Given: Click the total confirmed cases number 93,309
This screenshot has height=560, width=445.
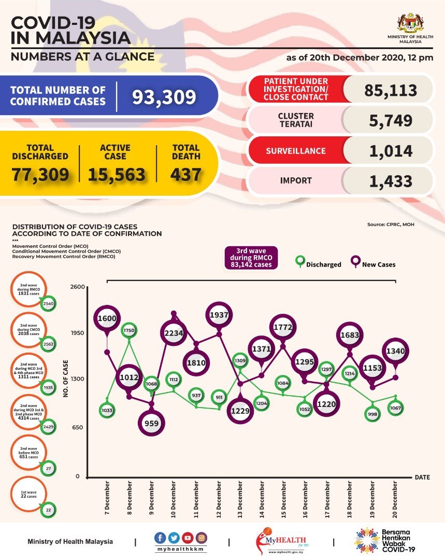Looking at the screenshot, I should (x=164, y=96).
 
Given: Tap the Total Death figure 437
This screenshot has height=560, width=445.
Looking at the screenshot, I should (x=185, y=174).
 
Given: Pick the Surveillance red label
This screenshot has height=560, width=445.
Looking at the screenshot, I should (x=296, y=151).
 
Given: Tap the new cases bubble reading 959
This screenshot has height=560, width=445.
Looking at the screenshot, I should (x=152, y=423).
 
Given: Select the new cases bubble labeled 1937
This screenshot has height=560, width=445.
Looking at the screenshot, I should (x=220, y=314).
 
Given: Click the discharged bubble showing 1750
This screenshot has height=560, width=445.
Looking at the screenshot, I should (x=128, y=330).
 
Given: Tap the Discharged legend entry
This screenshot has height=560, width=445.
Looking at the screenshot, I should (x=318, y=264).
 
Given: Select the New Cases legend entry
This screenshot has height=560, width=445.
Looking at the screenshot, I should (x=373, y=264).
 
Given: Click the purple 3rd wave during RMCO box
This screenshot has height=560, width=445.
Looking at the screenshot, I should (x=251, y=258).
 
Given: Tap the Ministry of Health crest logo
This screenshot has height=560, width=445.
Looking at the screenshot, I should (x=410, y=24).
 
